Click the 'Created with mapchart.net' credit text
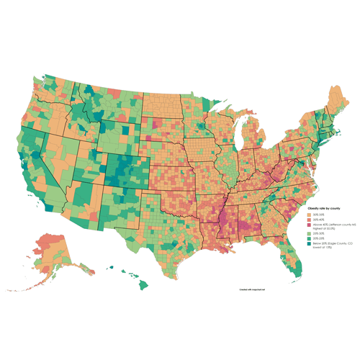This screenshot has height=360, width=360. [253, 289]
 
